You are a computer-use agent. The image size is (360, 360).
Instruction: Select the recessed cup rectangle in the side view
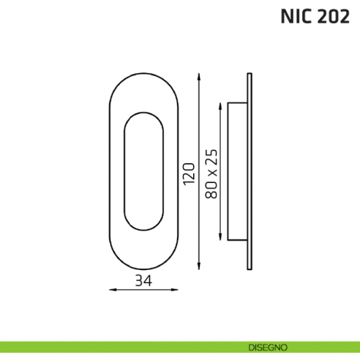(x=237, y=172)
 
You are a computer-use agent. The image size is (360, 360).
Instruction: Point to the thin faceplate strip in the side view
(x=252, y=172)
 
